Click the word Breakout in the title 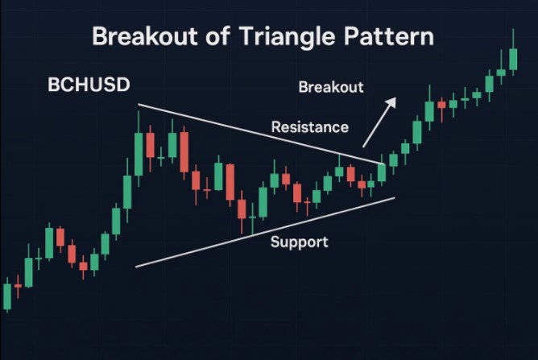(x=145, y=36)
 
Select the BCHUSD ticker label (x=89, y=85)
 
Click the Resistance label (x=310, y=127)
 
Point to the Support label (x=299, y=242)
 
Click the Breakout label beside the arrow (x=331, y=87)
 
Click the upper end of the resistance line (x=139, y=105)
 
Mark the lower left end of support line (x=136, y=267)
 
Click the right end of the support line (x=395, y=197)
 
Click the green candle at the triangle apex (x=382, y=172)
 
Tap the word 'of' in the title (x=217, y=36)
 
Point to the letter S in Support (x=275, y=242)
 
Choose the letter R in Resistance (x=276, y=127)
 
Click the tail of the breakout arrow (x=363, y=147)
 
